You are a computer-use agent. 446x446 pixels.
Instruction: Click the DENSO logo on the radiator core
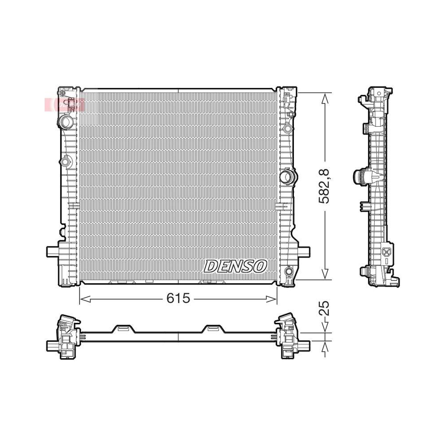tap(235, 266)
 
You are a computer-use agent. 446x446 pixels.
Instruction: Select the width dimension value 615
tap(178, 298)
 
